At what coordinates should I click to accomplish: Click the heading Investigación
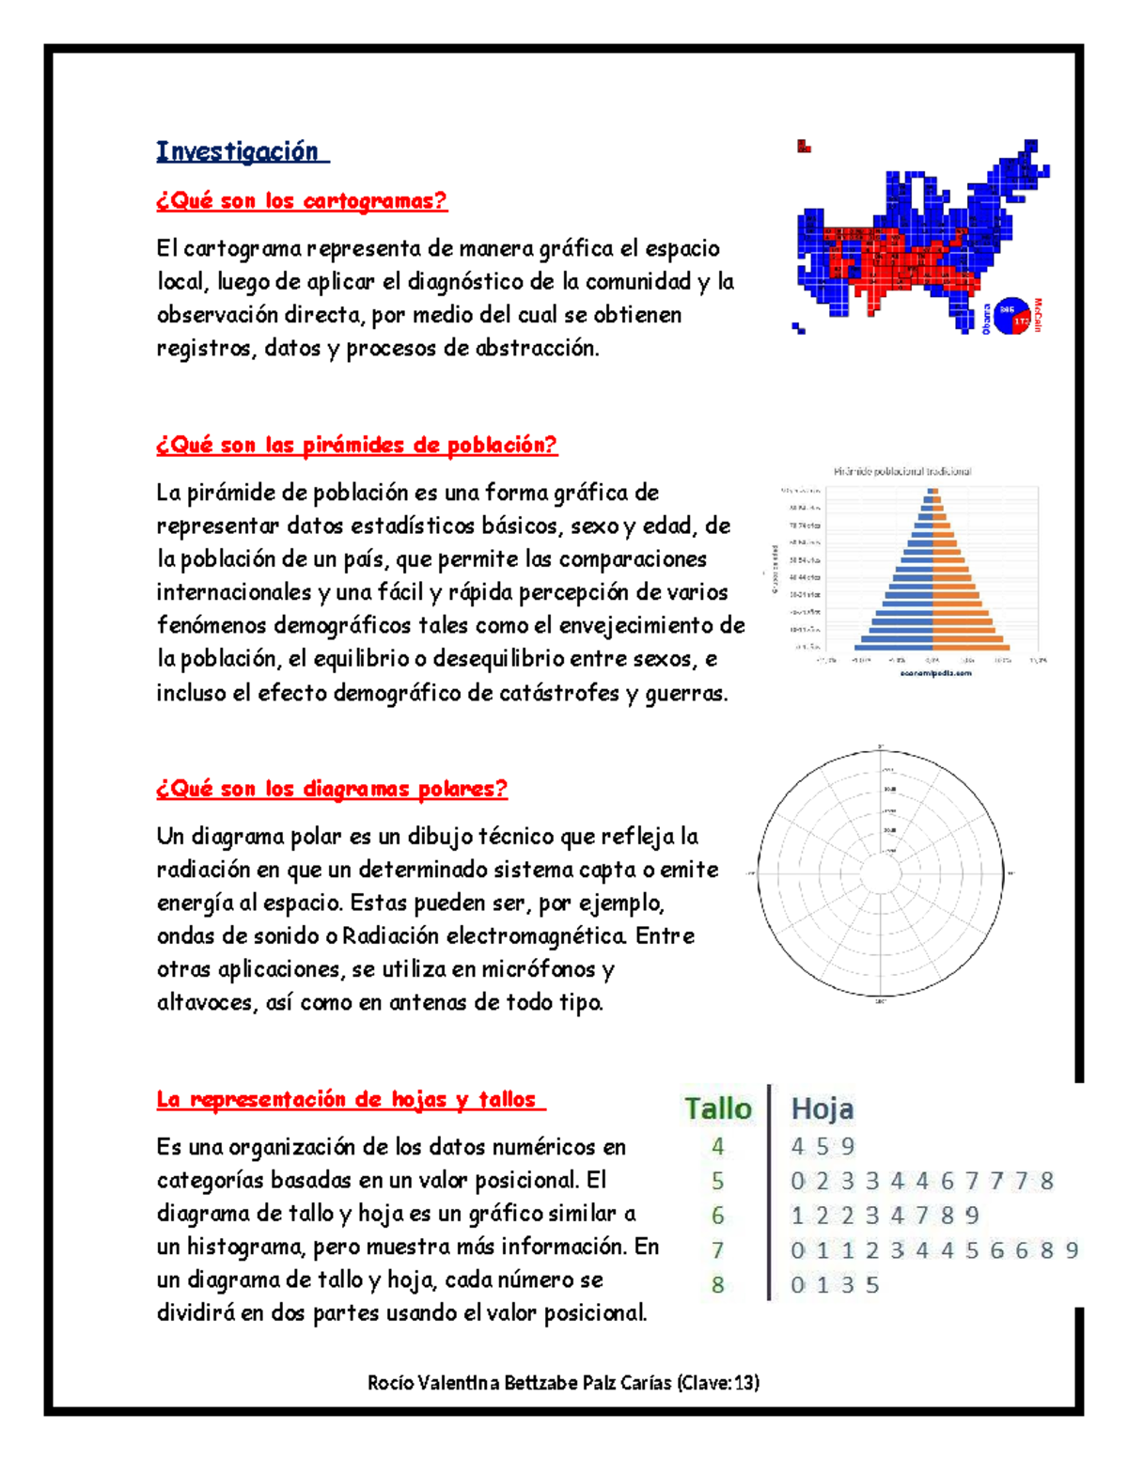[x=242, y=151]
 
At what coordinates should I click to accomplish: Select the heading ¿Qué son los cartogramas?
[x=302, y=200]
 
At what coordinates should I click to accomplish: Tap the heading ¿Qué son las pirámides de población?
[x=356, y=445]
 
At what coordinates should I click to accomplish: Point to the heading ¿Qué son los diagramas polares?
[x=332, y=789]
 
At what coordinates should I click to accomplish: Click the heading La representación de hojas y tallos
[x=351, y=1099]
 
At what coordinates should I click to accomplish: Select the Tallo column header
[x=718, y=1108]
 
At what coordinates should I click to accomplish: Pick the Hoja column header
[x=822, y=1108]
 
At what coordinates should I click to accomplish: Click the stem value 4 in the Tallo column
[x=718, y=1146]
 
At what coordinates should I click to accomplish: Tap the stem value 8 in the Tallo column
[x=718, y=1284]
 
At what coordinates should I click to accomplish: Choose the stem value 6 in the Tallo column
[x=718, y=1216]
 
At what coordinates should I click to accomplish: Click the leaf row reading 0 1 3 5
[x=835, y=1284]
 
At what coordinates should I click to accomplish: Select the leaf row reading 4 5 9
[x=823, y=1146]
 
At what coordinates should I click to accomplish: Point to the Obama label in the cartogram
[x=986, y=318]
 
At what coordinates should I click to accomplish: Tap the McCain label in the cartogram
[x=1039, y=315]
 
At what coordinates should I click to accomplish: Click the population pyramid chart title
[x=902, y=471]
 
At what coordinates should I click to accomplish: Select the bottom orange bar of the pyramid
[x=970, y=647]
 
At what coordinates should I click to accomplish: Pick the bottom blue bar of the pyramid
[x=894, y=647]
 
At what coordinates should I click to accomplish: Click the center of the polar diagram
[x=882, y=873]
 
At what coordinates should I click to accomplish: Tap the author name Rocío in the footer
[x=390, y=1382]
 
